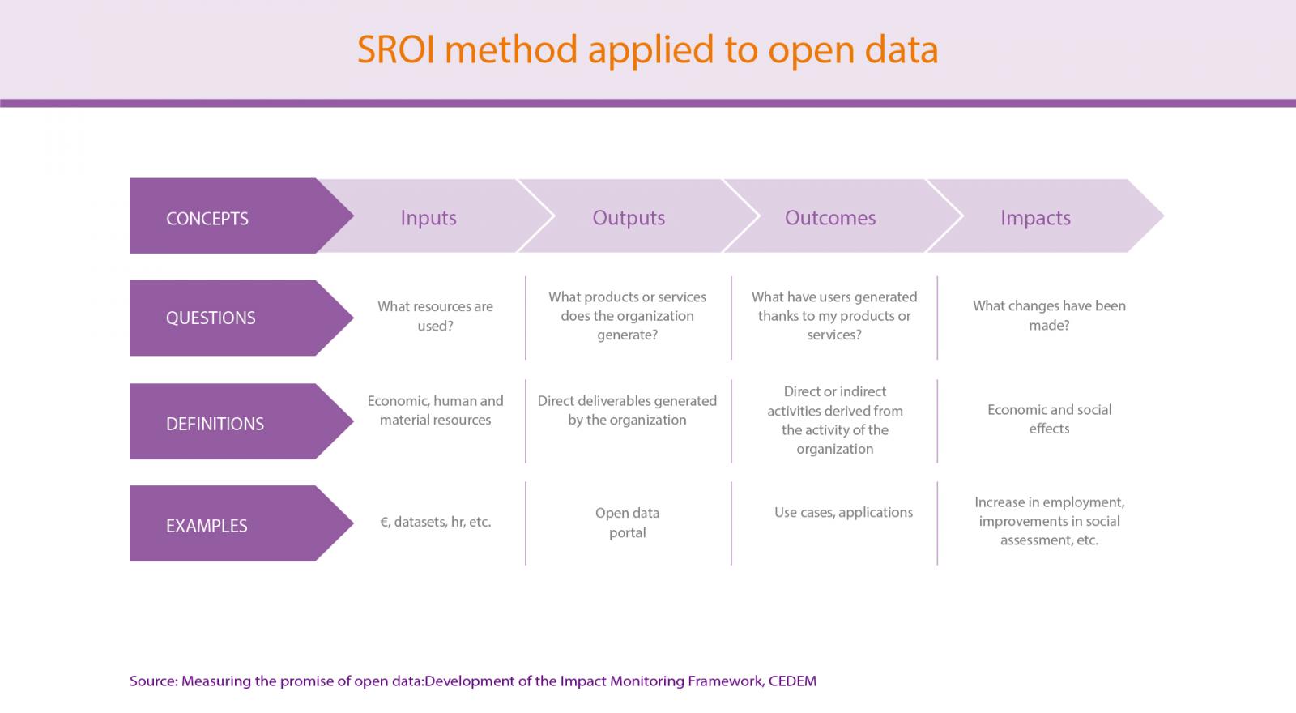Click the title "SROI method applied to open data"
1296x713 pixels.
coord(647,49)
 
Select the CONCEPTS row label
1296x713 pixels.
coord(207,219)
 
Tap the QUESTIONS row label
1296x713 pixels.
coord(211,318)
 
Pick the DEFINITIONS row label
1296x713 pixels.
coord(215,425)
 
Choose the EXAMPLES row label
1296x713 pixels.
coord(207,526)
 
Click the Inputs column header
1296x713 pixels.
coord(428,218)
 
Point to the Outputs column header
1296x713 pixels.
coord(629,218)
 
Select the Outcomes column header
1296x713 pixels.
coord(829,218)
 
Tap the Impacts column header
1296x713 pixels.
coord(1035,218)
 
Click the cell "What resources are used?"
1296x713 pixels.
coord(435,316)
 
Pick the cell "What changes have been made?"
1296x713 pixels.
coord(1049,315)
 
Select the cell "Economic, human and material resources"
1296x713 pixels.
coord(435,410)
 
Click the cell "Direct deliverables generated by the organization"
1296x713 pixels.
coord(627,410)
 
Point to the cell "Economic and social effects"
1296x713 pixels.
coord(1049,419)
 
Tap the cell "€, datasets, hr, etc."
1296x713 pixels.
coord(435,522)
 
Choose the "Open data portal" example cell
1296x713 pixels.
coord(627,523)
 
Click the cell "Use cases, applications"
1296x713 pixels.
coord(843,513)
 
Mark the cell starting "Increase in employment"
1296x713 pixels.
coord(1049,521)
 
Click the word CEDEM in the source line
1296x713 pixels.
coord(792,681)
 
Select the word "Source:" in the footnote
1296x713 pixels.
coord(153,681)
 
